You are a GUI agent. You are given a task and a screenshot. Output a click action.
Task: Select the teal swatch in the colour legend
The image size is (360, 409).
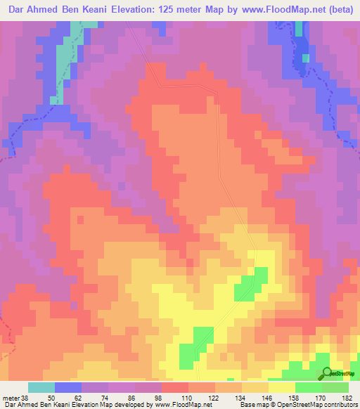[41, 387]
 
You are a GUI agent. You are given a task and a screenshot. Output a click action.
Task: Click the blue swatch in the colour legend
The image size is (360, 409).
[67, 387]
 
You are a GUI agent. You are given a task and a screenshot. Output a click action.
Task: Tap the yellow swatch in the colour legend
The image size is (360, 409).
[281, 387]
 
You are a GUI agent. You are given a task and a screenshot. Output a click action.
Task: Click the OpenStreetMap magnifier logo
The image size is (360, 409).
[327, 374]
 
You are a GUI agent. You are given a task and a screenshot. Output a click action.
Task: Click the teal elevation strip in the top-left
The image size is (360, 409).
[65, 56]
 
